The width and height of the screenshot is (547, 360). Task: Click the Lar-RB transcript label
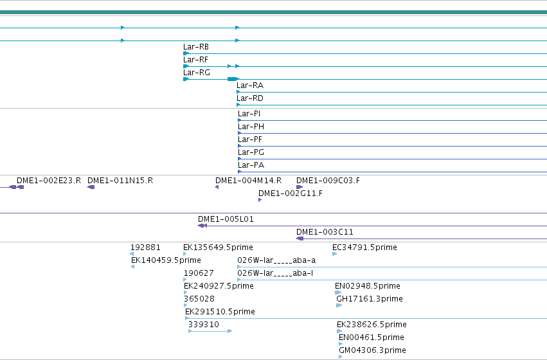pyautogui.click(x=195, y=47)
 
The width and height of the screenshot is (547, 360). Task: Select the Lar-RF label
pyautogui.click(x=195, y=60)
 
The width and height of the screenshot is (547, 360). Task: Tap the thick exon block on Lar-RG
pyautogui.click(x=232, y=79)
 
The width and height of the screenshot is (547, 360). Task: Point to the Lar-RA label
pyautogui.click(x=250, y=85)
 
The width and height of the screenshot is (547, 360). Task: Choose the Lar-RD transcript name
pyautogui.click(x=250, y=98)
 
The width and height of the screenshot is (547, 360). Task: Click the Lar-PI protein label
pyautogui.click(x=249, y=114)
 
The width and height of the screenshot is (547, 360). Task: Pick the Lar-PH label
pyautogui.click(x=251, y=127)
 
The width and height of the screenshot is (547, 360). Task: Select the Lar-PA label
pyautogui.click(x=251, y=165)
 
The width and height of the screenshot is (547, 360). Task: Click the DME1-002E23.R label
pyautogui.click(x=49, y=181)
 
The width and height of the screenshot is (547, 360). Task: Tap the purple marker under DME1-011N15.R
pyautogui.click(x=91, y=187)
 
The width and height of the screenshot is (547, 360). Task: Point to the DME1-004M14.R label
pyautogui.click(x=248, y=181)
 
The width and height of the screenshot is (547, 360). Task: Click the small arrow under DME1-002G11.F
pyautogui.click(x=260, y=200)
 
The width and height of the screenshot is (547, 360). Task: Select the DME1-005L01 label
pyautogui.click(x=226, y=219)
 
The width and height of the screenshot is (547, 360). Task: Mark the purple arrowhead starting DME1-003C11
pyautogui.click(x=300, y=239)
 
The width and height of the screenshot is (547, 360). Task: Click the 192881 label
pyautogui.click(x=145, y=248)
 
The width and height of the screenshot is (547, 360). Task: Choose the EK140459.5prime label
pyautogui.click(x=166, y=260)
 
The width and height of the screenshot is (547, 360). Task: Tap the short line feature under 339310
pyautogui.click(x=210, y=331)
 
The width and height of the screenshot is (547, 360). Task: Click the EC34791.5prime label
pyautogui.click(x=364, y=248)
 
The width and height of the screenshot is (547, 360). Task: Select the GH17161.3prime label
pyautogui.click(x=370, y=299)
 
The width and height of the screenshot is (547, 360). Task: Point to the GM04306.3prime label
pyautogui.click(x=372, y=350)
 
